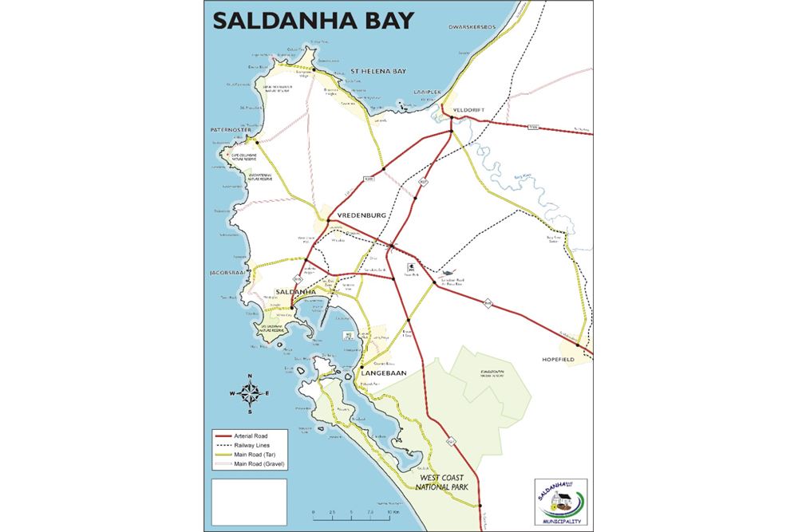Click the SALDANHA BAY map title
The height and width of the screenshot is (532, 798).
[x=313, y=20]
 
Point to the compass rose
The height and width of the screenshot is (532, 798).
[x=250, y=392]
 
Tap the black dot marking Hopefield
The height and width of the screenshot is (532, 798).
[x=578, y=345]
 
